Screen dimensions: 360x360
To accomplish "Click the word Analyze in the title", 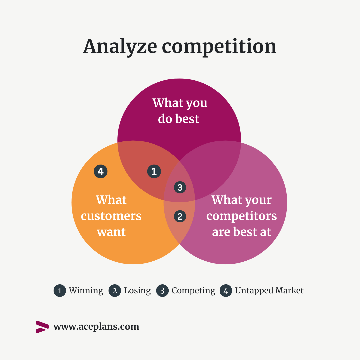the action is (x=120, y=47).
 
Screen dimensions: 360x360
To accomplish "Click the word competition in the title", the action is (x=219, y=47).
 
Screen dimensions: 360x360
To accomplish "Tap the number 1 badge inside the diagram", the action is (x=154, y=171).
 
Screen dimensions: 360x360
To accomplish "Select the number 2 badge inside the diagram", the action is (x=180, y=217).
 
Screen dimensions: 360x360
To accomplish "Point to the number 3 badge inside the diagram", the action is (x=180, y=187).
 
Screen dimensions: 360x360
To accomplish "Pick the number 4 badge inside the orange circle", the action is (x=101, y=171).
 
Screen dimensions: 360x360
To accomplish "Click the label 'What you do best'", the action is (x=180, y=111).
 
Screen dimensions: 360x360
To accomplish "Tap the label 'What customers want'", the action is (x=111, y=216).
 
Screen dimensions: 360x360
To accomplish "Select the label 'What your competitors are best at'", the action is (x=242, y=216).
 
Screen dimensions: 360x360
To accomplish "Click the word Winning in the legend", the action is (x=86, y=291).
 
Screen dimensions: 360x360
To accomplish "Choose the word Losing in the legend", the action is (x=137, y=291).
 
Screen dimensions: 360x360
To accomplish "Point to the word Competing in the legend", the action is (x=193, y=291).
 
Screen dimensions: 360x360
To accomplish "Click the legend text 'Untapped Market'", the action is (x=269, y=291).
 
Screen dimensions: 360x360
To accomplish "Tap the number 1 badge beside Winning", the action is (x=60, y=291).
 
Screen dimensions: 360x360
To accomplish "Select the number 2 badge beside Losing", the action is (x=115, y=291).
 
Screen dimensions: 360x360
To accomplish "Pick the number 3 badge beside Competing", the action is (x=163, y=291).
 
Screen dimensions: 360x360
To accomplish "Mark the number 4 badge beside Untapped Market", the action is (x=226, y=291).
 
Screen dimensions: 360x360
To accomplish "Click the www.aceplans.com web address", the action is (x=96, y=327).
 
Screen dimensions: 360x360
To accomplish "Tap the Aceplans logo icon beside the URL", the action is (x=42, y=327).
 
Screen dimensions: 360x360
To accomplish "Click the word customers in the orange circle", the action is (x=111, y=216).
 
